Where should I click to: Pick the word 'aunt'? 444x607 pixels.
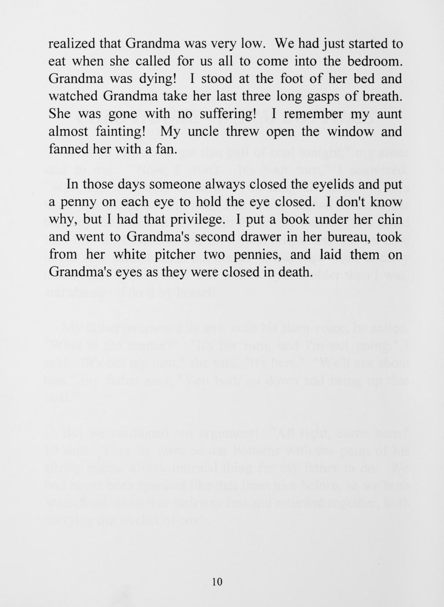point(388,114)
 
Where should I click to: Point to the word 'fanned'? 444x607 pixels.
point(68,149)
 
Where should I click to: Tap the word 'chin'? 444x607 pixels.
point(389,219)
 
